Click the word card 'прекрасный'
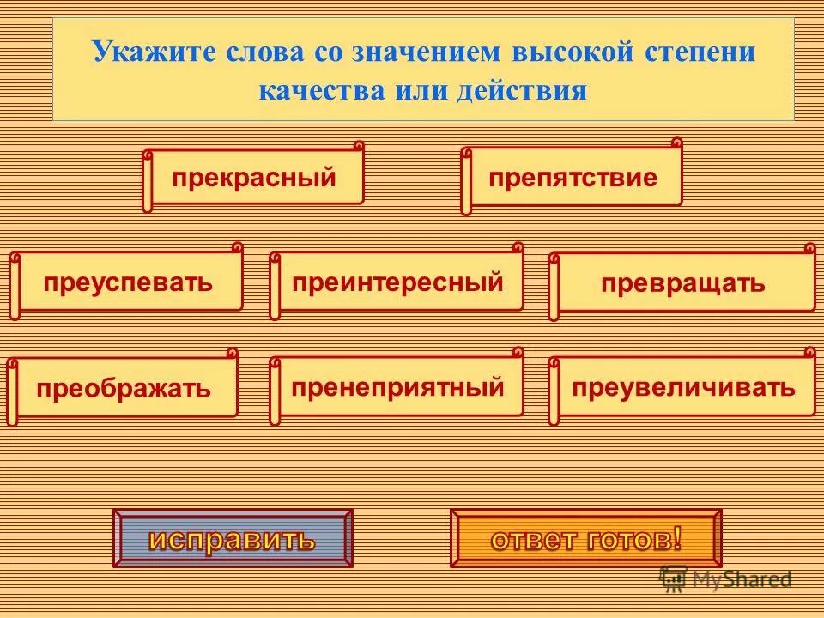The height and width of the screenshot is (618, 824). tap(253, 179)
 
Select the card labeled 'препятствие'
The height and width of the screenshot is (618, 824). tap(573, 179)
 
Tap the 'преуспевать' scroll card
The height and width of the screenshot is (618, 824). tap(127, 282)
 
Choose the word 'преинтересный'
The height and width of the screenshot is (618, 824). tap(397, 282)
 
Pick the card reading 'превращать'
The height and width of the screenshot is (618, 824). tap(682, 283)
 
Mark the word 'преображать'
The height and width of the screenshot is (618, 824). tap(124, 387)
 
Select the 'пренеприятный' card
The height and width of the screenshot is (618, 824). tap(397, 387)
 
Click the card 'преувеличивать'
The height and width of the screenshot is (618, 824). tap(684, 387)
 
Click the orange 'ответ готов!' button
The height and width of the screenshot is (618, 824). tap(586, 539)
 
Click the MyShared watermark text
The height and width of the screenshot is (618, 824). tap(742, 579)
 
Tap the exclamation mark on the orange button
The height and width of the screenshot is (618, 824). tap(677, 538)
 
